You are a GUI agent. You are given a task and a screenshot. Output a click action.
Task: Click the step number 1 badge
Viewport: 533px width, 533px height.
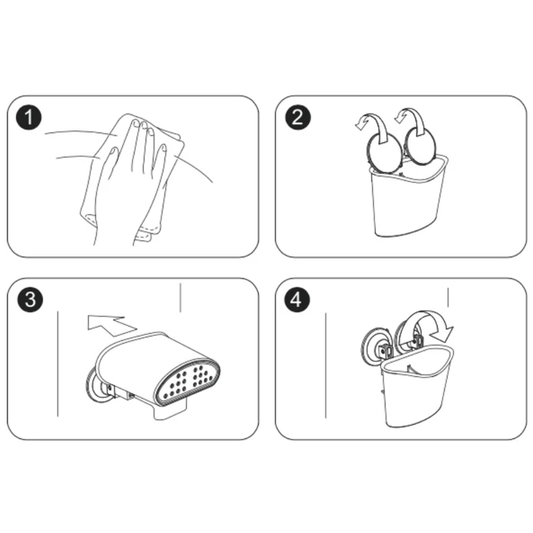(29, 117)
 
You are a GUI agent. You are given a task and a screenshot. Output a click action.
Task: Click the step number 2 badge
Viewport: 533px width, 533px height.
(297, 117)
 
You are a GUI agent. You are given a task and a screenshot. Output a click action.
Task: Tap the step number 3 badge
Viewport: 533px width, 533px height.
(30, 300)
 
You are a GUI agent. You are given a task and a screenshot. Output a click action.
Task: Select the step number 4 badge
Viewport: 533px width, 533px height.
(297, 300)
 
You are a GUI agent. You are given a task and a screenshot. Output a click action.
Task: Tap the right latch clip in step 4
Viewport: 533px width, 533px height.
(418, 341)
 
